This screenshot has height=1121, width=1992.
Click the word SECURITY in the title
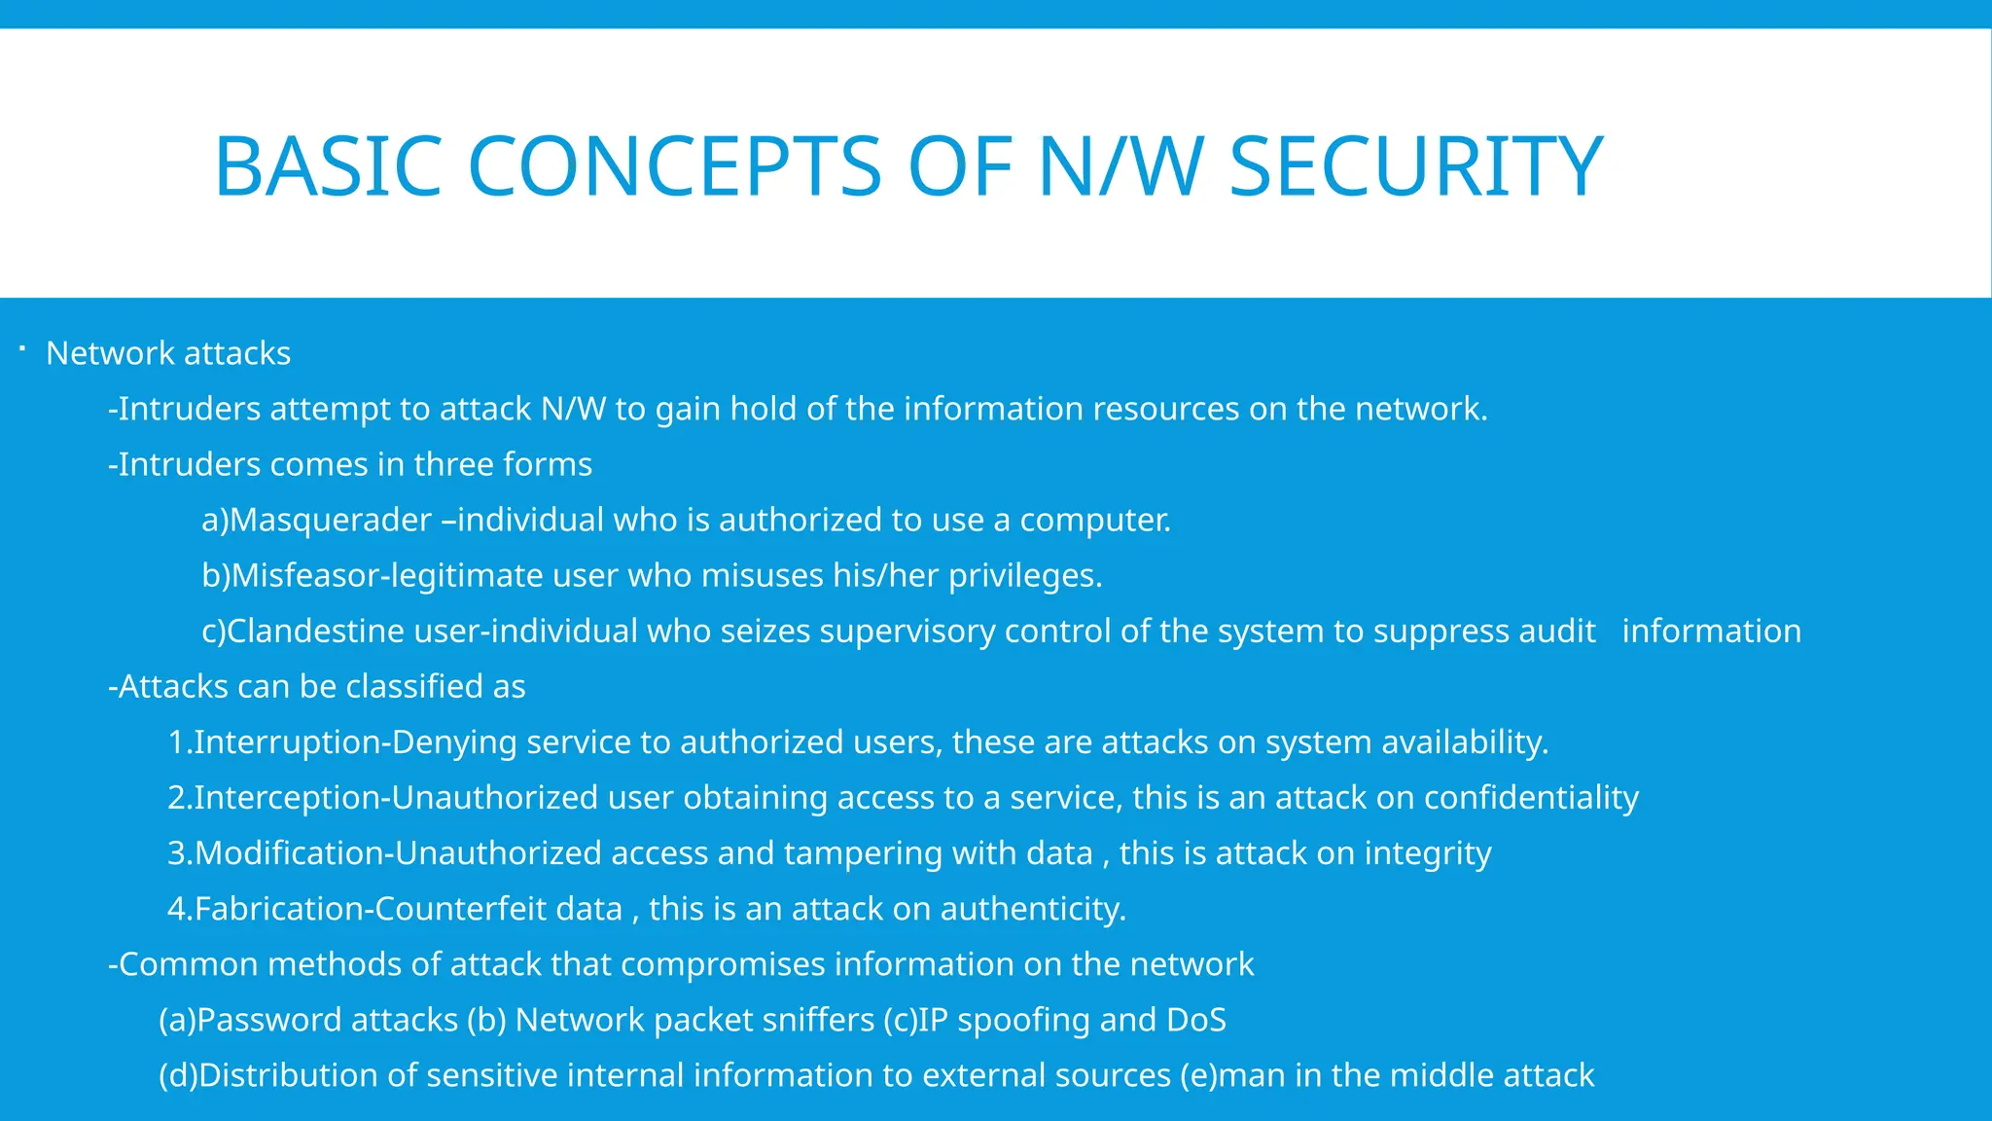(x=1415, y=167)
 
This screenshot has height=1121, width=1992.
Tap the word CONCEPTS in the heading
(x=674, y=167)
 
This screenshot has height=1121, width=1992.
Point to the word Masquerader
(x=330, y=520)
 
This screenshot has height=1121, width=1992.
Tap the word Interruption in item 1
(x=288, y=741)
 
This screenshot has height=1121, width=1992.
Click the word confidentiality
(x=1531, y=797)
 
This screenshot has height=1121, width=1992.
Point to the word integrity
(x=1427, y=853)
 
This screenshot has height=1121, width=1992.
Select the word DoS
(x=1195, y=1020)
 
